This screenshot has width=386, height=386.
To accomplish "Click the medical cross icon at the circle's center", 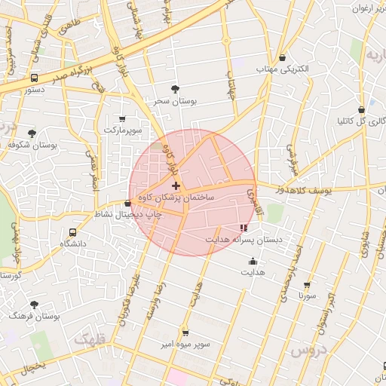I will click(x=176, y=185).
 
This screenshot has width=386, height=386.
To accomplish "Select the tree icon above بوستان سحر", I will click(x=176, y=89).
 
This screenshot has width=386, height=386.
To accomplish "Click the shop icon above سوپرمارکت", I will click(x=123, y=119).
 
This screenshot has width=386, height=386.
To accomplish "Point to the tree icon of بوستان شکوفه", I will click(x=32, y=133).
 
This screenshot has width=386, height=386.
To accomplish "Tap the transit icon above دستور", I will click(x=35, y=78).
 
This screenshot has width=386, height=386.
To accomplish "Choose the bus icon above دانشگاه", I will click(x=72, y=233).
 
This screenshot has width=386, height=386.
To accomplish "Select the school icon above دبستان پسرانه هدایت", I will click(x=243, y=228).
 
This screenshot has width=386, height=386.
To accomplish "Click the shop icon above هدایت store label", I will click(x=253, y=262).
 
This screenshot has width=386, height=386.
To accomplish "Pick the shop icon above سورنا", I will click(x=307, y=286).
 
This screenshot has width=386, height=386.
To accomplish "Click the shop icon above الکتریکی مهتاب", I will click(x=283, y=58).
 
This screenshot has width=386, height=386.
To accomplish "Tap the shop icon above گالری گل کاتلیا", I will click(x=362, y=109).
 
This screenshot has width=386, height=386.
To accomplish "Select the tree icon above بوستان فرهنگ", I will click(x=34, y=305).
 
